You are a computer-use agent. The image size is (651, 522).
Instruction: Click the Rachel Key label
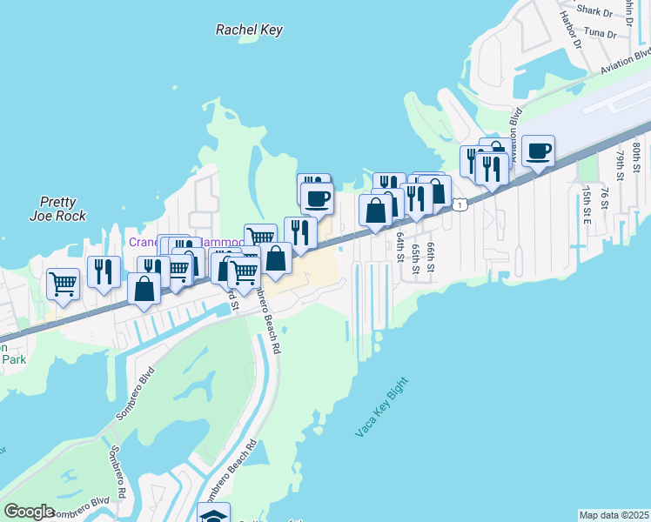(x=249, y=30)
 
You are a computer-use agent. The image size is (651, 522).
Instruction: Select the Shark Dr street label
(x=595, y=11)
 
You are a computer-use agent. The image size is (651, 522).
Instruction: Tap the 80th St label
(x=638, y=157)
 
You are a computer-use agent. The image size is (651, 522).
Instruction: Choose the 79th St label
(x=621, y=164)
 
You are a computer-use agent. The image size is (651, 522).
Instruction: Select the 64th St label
(x=401, y=246)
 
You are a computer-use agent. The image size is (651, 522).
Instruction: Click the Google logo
(x=30, y=512)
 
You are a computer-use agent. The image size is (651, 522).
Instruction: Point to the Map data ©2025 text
(x=614, y=515)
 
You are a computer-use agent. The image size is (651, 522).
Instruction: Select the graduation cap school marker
(x=213, y=514)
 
